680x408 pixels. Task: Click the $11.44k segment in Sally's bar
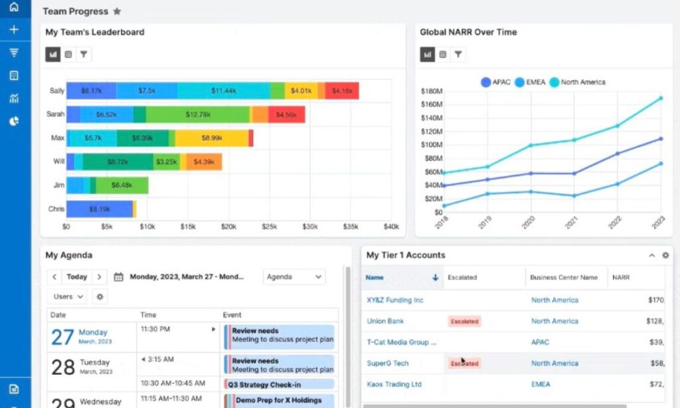point(223,91)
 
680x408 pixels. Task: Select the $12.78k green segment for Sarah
point(198,115)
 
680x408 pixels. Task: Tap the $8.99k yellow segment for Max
point(211,138)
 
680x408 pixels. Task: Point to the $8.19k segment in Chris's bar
point(99,209)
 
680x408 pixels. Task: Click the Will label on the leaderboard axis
point(58,161)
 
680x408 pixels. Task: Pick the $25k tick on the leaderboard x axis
point(270,227)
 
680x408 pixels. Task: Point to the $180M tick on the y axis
point(432,91)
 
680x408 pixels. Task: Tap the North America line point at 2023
point(660,98)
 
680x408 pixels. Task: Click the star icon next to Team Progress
point(118,11)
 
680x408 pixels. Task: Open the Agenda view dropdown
point(294,277)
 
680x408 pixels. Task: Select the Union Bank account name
point(385,322)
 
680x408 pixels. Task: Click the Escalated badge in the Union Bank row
point(464,322)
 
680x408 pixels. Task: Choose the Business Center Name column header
point(563,278)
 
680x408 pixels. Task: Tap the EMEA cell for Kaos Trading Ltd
point(540,385)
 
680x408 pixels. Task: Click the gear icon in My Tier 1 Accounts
point(665,256)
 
